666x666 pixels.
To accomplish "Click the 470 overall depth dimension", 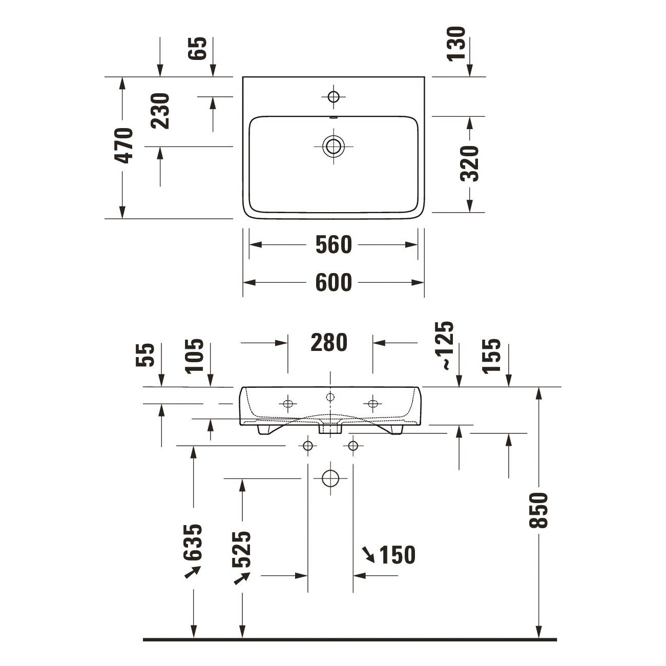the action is pos(123,145).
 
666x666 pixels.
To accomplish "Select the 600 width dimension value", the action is pos(334,282).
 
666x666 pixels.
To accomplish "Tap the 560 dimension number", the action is pos(334,245).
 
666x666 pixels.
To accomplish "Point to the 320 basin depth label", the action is pos(469,164).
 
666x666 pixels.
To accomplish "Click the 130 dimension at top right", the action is pos(456,44).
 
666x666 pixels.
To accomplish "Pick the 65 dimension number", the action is pos(197,48).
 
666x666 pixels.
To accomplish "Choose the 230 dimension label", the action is pos(160,111).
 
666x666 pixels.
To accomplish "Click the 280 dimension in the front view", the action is pos(329,343).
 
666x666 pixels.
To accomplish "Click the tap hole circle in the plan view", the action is pos(334,97).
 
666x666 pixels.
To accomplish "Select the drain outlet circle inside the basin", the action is pos(334,146).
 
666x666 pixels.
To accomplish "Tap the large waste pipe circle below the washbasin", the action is pos(330,478).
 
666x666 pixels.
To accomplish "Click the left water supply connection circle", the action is pos(307,446).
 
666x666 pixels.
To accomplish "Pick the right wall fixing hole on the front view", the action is pos(372,403).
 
